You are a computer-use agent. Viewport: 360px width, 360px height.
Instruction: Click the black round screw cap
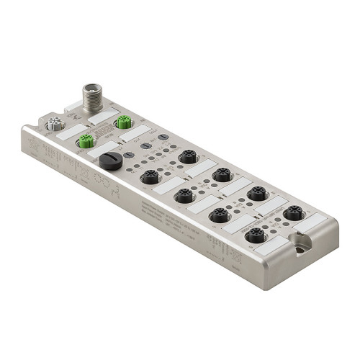[110, 161]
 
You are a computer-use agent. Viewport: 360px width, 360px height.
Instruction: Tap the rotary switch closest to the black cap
[129, 154]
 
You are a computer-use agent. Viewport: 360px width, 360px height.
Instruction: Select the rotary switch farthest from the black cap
[163, 137]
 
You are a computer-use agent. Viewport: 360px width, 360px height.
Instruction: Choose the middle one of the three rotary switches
[146, 145]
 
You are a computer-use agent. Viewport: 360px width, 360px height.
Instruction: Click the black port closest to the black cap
[150, 176]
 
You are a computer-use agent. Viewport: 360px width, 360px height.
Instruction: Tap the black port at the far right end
[292, 213]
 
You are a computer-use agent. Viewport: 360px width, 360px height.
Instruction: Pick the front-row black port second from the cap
[184, 195]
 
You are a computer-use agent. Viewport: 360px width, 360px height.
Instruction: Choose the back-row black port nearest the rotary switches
[188, 156]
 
